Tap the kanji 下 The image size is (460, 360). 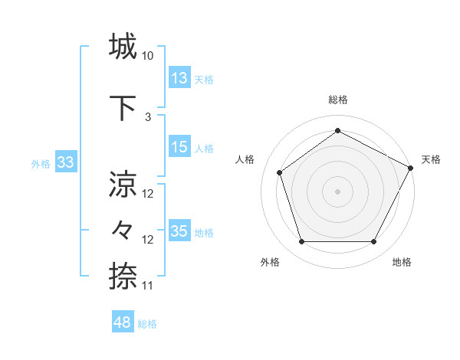[123, 106]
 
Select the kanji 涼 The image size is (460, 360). [123, 185]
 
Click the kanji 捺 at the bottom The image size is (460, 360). [123, 275]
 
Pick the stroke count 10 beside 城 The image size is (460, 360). [148, 56]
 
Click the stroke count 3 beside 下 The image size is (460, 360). [148, 116]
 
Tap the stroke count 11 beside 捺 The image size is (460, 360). [148, 286]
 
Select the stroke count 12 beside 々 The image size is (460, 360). [148, 240]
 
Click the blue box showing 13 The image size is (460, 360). [179, 78]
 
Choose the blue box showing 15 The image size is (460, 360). [179, 147]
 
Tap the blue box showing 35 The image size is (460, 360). [179, 231]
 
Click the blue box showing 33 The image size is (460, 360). [65, 162]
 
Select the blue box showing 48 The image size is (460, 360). [122, 322]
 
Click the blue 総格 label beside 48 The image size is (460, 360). [147, 324]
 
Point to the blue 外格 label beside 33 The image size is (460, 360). [41, 164]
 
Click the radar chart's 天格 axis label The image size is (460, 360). [431, 159]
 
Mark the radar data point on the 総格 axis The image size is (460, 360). [337, 131]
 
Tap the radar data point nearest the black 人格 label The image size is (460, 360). [280, 172]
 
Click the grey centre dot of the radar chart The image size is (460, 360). [337, 191]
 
